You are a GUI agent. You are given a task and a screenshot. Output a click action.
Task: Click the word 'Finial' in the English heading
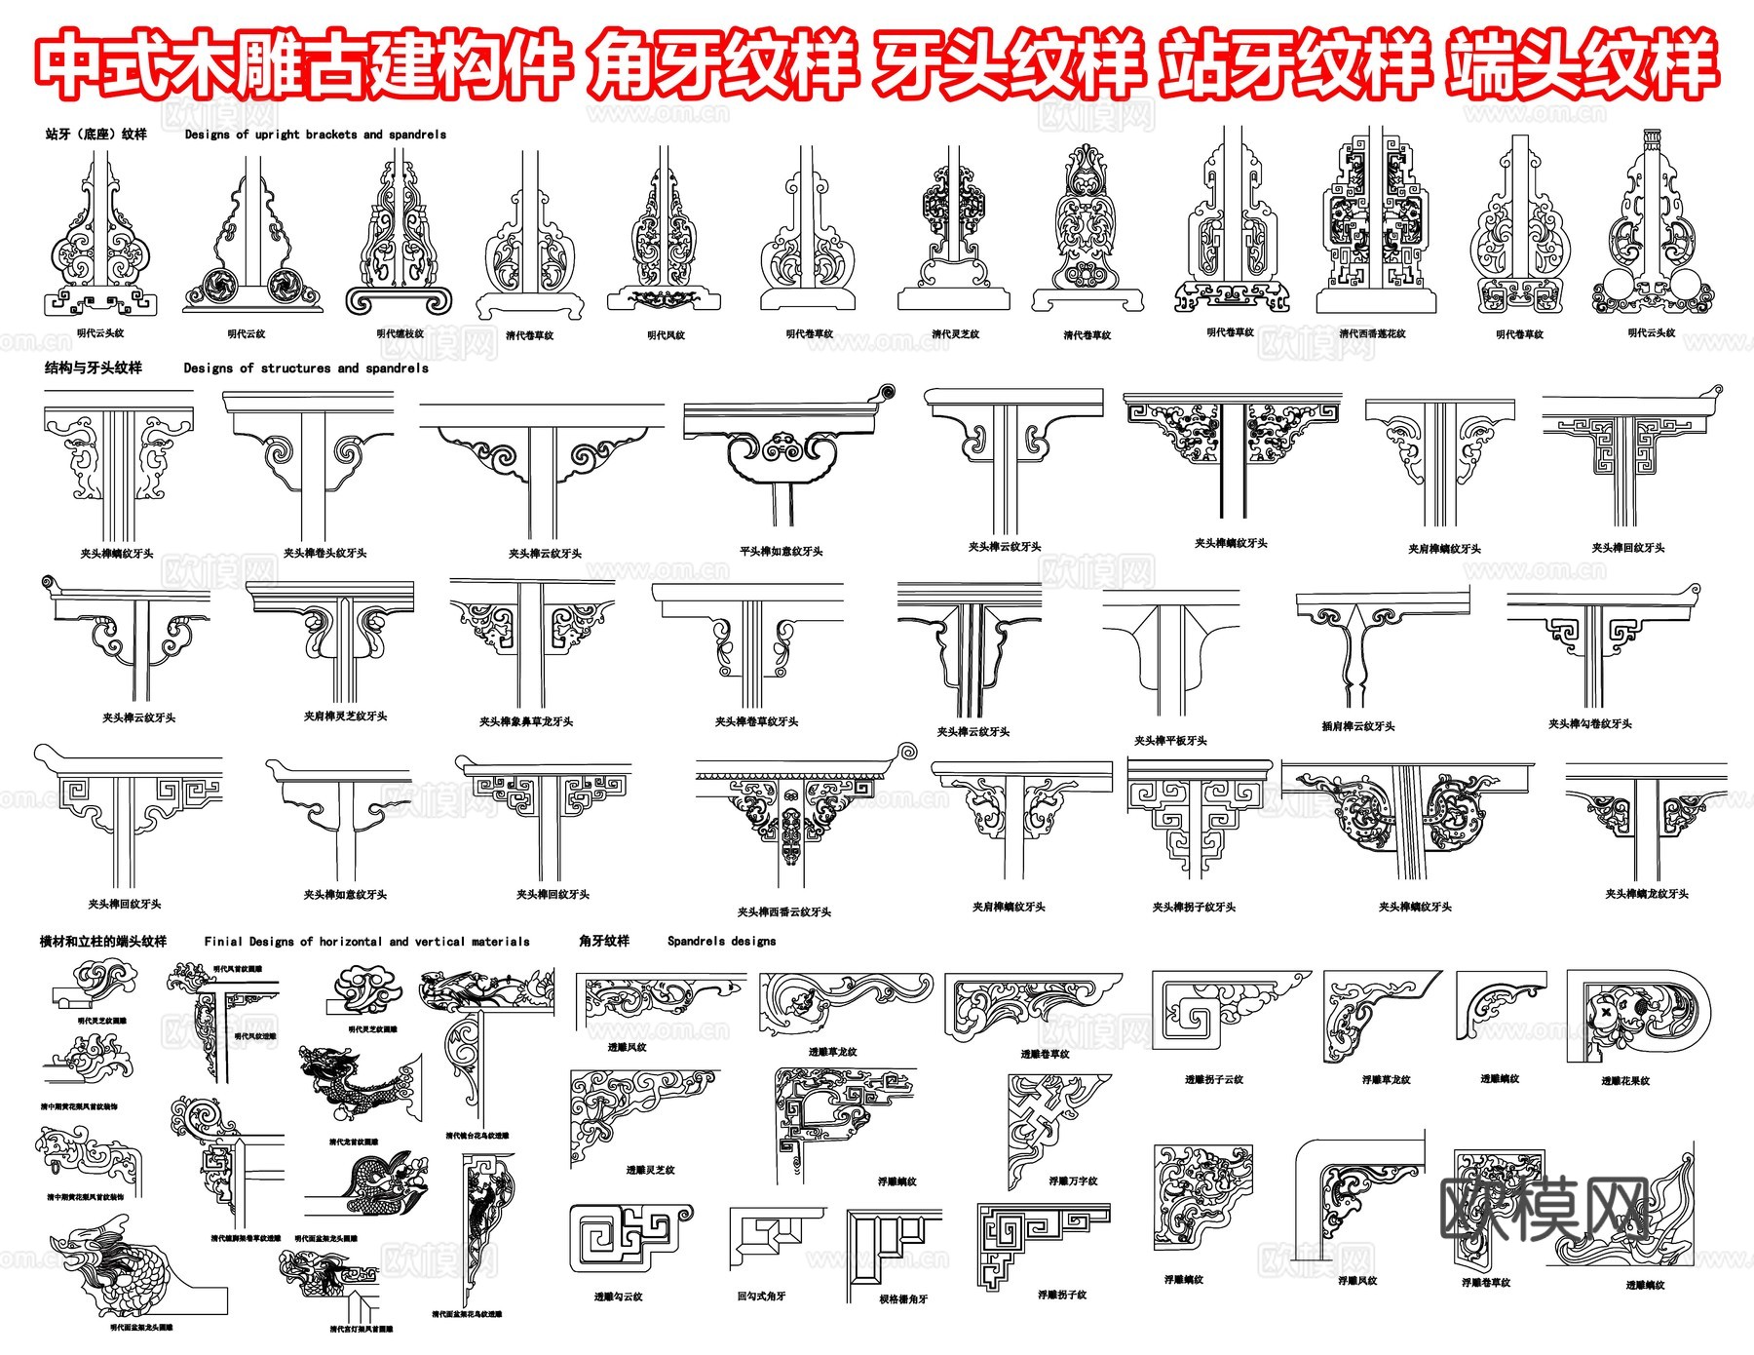tap(223, 942)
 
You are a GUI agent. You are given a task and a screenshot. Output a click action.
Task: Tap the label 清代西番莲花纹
tap(1372, 333)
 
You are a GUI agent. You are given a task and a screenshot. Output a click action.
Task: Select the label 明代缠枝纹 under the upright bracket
tap(400, 333)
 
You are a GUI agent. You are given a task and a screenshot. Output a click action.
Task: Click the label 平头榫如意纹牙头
tap(781, 552)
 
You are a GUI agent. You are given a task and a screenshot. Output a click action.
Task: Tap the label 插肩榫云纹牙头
tap(1358, 726)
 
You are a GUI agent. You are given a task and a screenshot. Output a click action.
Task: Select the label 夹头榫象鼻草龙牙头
tap(526, 722)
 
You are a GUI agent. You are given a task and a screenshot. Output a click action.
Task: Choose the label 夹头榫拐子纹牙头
tap(1194, 908)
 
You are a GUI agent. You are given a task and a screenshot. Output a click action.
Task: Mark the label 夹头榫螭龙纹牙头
tap(1647, 894)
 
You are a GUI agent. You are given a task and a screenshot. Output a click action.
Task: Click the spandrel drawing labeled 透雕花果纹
tap(1637, 1019)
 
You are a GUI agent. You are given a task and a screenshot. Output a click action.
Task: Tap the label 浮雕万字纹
tap(1073, 1181)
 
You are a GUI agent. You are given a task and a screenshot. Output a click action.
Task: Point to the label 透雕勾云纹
tap(618, 1297)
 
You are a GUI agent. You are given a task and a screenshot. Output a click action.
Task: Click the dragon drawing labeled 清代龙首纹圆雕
tap(356, 1087)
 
